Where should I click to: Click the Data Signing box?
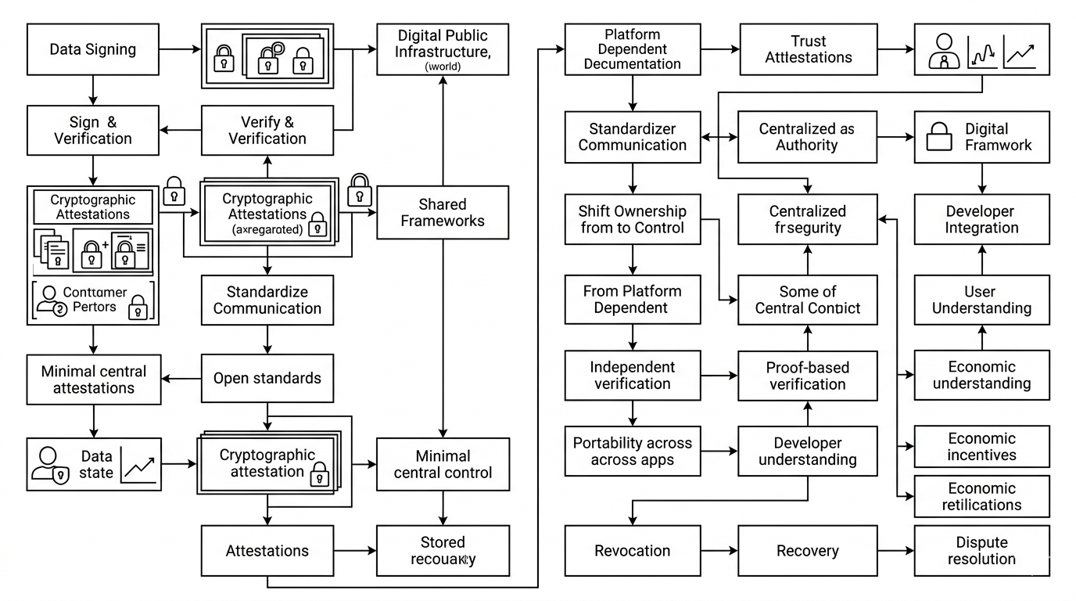(x=93, y=49)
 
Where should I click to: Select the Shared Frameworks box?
(x=443, y=212)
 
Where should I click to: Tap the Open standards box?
(x=267, y=378)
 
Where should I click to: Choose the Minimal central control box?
(x=443, y=464)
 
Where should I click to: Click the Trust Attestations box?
(x=809, y=49)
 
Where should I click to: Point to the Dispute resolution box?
(x=981, y=551)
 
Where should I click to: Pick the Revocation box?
(x=632, y=551)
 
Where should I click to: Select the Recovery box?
(x=808, y=551)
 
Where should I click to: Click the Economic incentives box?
(x=981, y=447)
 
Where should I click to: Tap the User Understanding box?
(x=981, y=300)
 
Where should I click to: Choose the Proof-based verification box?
(x=808, y=376)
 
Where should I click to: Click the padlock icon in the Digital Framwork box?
(x=938, y=139)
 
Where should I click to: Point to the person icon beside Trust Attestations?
(x=941, y=52)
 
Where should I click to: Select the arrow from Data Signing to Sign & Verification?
(x=93, y=90)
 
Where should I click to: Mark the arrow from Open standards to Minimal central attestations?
(x=181, y=379)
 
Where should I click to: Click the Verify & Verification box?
(x=267, y=131)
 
